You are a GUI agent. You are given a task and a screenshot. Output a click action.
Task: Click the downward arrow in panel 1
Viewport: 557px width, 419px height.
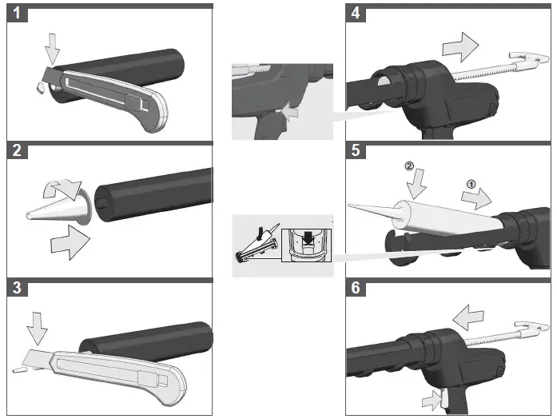52,50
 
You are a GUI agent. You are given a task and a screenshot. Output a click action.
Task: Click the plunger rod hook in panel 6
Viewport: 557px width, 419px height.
536,329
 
